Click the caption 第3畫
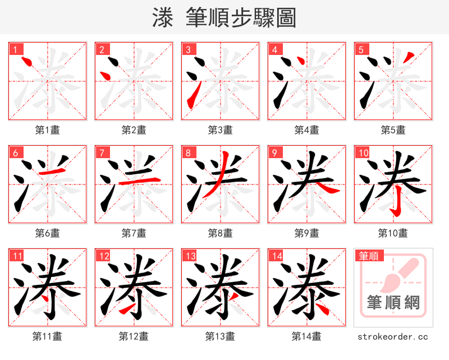(220, 130)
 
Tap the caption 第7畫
(134, 233)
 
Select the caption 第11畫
(47, 336)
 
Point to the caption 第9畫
(306, 233)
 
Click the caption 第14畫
(306, 336)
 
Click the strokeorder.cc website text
(393, 336)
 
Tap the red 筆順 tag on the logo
(369, 256)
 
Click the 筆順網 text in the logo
(393, 303)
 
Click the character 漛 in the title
(163, 17)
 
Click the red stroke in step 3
(191, 95)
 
